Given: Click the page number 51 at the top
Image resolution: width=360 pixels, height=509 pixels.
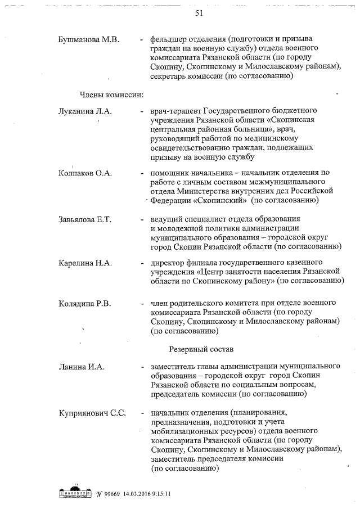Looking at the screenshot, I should click(199, 14).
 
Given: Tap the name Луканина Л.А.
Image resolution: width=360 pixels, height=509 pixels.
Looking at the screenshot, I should click(85, 111).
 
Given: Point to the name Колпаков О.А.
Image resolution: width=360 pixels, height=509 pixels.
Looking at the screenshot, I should click(85, 173).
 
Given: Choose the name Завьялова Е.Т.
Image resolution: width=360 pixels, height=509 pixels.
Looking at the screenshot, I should click(85, 219).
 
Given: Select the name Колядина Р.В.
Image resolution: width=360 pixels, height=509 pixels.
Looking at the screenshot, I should click(85, 304).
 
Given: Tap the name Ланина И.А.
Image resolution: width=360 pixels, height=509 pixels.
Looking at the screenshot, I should click(80, 367).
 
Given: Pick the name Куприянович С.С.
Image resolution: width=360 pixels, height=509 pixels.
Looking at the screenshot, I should click(92, 413).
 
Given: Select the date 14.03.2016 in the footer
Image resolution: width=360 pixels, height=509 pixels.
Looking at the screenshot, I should click(144, 494).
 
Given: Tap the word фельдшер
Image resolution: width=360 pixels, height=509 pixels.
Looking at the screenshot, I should click(169, 40).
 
